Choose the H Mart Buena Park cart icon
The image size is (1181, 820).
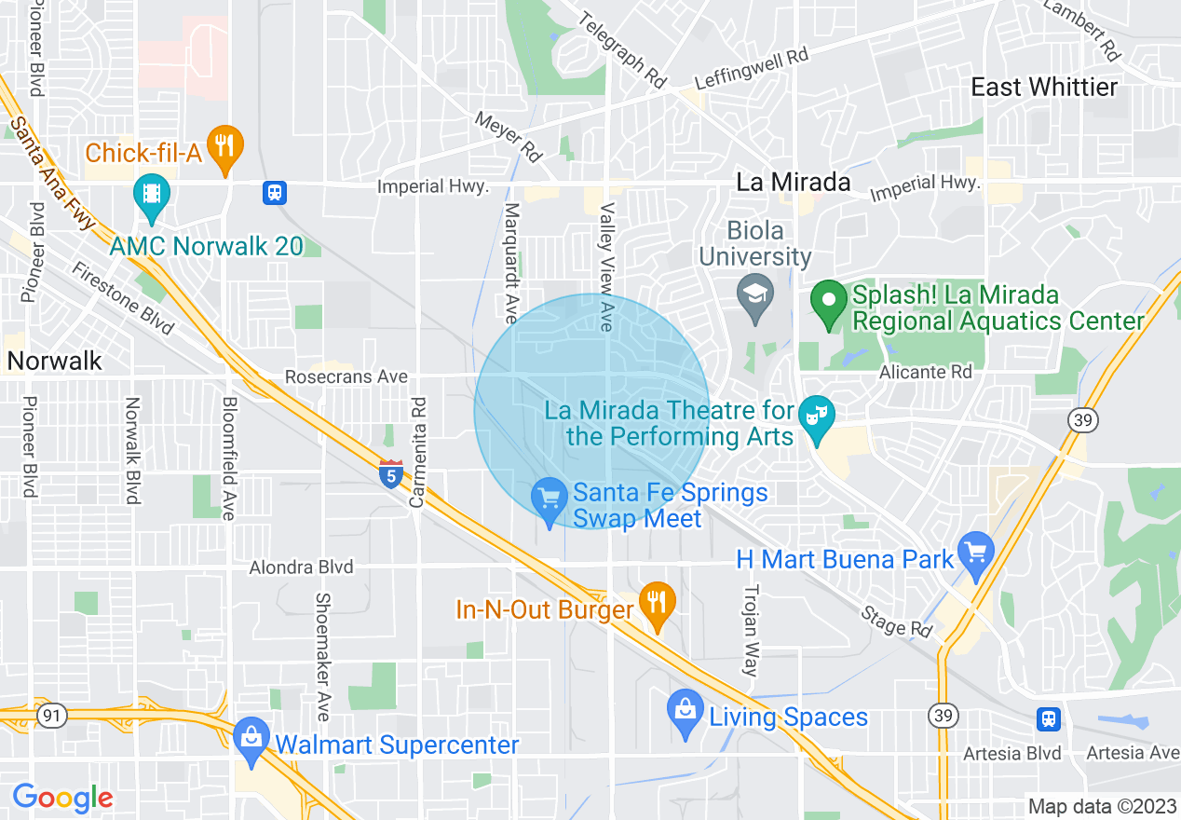[x=976, y=555]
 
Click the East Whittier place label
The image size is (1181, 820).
[x=1043, y=88]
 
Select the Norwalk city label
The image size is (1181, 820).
[x=54, y=361]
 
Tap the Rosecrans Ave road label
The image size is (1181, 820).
[x=346, y=377]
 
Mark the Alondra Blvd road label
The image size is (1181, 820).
[x=301, y=567]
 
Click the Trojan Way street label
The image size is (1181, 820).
[x=751, y=631]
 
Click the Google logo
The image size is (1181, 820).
[x=62, y=798]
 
